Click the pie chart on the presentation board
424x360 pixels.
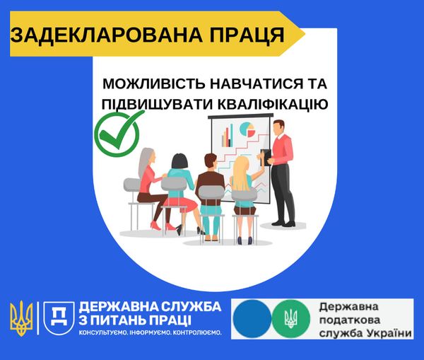pos(247,129)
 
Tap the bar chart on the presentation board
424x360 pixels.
pos(228,135)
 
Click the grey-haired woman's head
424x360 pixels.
pos(151,158)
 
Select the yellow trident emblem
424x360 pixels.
pos(22,318)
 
